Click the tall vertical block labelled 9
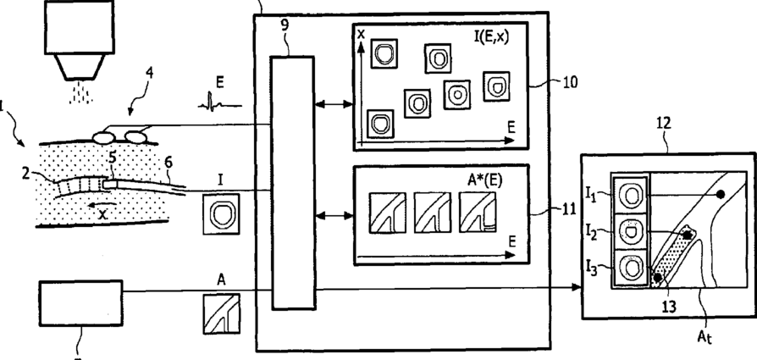[292, 182]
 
